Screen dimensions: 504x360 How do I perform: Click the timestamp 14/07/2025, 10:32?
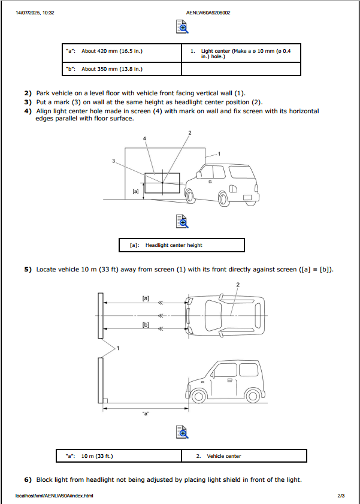tap(35, 12)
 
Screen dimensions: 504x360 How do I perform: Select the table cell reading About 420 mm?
tap(122, 52)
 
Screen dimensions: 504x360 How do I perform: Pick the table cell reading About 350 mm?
tap(122, 69)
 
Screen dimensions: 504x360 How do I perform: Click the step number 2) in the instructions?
tap(28, 93)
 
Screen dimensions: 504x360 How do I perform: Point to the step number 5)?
tap(28, 270)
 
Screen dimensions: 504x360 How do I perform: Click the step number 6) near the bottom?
tap(28, 479)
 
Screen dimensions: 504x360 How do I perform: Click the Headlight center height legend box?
tap(183, 245)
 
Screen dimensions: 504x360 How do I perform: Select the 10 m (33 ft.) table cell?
tap(119, 456)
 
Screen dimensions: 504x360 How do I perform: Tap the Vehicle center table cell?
tap(244, 456)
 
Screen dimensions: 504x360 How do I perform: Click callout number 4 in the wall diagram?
tap(144, 138)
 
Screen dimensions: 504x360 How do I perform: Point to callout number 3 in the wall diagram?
tap(113, 161)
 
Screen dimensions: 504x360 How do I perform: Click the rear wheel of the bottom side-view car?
tap(254, 396)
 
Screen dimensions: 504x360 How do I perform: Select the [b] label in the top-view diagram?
tap(146, 324)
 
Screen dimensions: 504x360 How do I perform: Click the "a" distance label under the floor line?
tap(146, 414)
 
